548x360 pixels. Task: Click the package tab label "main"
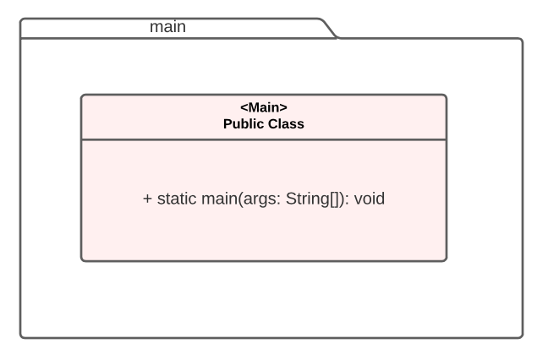coord(167,27)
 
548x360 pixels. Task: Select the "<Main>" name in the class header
coord(264,107)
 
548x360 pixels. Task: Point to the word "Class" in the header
coord(285,123)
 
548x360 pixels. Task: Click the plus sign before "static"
coord(147,199)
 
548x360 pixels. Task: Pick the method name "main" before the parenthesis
coord(218,199)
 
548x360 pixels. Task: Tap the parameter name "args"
coord(259,199)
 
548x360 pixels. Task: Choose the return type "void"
coord(370,199)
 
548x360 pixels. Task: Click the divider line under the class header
coord(264,139)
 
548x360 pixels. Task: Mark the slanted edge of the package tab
coord(330,29)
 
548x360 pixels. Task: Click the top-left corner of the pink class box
coord(82,95)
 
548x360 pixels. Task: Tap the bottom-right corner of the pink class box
coord(446,260)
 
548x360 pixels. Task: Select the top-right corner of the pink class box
coord(446,95)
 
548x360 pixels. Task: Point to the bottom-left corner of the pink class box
coord(82,260)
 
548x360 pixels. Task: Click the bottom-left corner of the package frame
coord(21,337)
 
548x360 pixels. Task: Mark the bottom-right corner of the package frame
coord(522,337)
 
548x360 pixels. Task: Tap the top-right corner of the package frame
coord(522,39)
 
